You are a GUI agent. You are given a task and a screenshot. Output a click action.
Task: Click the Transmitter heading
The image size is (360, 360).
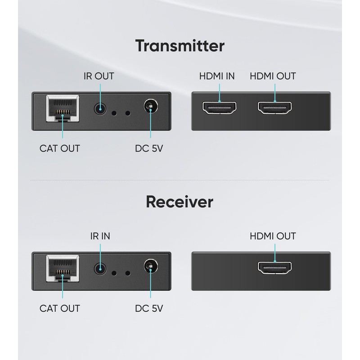point(180,45)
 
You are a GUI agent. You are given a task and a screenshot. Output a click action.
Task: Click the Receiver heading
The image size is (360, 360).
point(180,202)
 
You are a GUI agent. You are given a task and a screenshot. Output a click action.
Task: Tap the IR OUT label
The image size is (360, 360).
point(99,76)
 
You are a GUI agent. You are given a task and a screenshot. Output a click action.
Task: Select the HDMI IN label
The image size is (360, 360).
point(217,76)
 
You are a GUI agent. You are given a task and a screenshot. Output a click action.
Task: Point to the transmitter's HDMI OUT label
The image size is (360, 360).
point(273,76)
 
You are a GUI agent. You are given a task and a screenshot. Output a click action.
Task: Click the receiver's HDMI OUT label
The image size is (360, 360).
point(273,236)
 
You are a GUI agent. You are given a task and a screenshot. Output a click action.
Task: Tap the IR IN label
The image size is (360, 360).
point(99,236)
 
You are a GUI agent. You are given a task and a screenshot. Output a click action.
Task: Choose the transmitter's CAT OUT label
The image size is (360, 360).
point(60,148)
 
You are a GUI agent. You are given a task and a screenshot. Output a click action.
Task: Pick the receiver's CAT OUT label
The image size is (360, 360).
point(60,308)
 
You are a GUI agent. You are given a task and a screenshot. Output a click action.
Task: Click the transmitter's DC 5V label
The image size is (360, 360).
point(149,148)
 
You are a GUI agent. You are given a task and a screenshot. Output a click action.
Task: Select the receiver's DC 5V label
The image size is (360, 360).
point(149,308)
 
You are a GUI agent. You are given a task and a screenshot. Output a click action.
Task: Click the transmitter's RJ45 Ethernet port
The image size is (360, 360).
point(62,109)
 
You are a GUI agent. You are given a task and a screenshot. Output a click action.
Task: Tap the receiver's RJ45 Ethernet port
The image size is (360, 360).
point(62,269)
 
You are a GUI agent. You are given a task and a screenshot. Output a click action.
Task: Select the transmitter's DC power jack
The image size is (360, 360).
point(149,108)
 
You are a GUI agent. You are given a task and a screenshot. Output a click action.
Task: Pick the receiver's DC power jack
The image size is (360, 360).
point(149,267)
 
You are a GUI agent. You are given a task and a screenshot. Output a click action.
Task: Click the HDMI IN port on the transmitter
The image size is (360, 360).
point(219,108)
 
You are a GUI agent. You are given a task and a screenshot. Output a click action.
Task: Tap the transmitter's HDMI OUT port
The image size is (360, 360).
point(274,108)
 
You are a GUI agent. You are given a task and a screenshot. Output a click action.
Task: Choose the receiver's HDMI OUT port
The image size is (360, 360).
point(274,268)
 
